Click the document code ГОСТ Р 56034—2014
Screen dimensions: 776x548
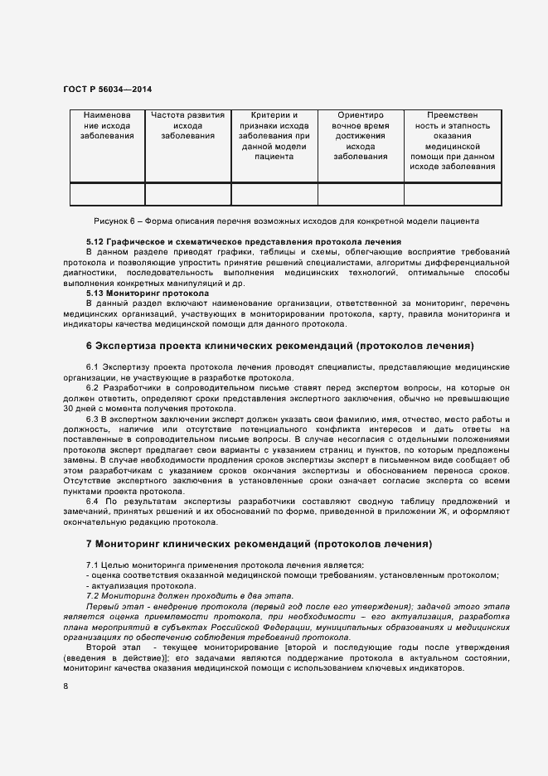tap(107, 88)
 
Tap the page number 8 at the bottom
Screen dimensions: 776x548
tap(65, 686)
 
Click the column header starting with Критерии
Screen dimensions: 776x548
tap(274, 135)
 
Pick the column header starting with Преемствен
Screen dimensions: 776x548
tap(452, 140)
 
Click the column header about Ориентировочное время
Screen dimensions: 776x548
tap(361, 135)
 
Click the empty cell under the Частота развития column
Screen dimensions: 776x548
tap(187, 194)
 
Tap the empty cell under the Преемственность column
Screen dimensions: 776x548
tap(452, 194)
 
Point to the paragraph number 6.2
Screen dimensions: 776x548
tap(92, 387)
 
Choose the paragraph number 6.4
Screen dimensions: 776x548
tap(92, 502)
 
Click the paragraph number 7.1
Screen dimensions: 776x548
tap(93, 565)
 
